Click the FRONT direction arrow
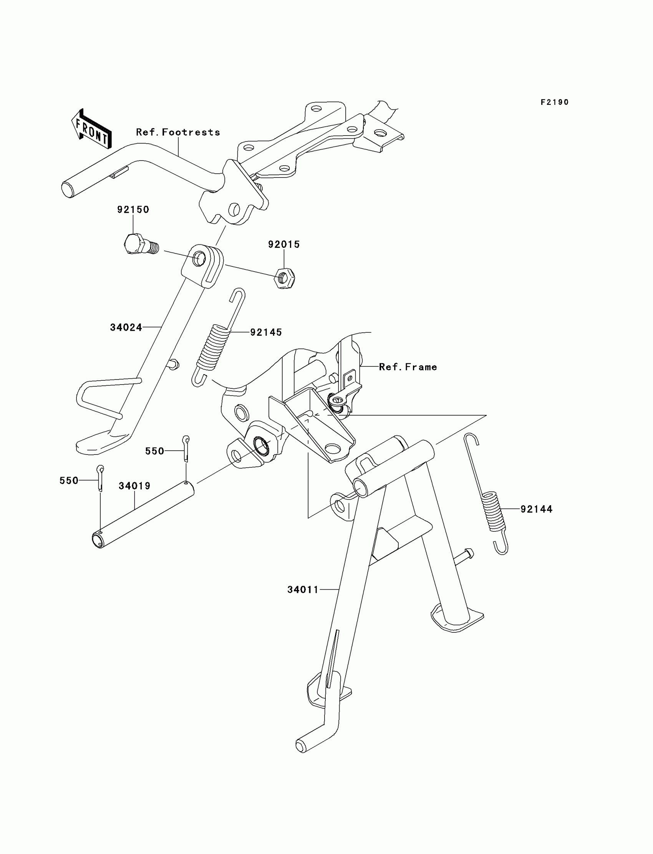point(92,129)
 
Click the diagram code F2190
point(555,102)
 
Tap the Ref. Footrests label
point(178,132)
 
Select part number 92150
point(133,209)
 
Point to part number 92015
point(284,244)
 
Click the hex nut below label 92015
point(284,278)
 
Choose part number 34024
point(126,327)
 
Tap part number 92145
point(266,332)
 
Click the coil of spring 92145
point(213,347)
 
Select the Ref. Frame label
point(408,367)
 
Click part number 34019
point(134,486)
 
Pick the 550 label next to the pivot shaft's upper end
point(155,451)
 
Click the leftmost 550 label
point(69,481)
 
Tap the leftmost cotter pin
point(100,478)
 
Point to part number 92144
point(536,509)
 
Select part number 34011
point(303,590)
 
